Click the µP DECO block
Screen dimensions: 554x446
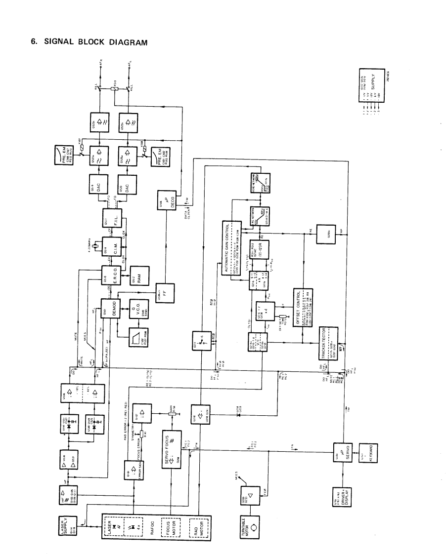point(166,200)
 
